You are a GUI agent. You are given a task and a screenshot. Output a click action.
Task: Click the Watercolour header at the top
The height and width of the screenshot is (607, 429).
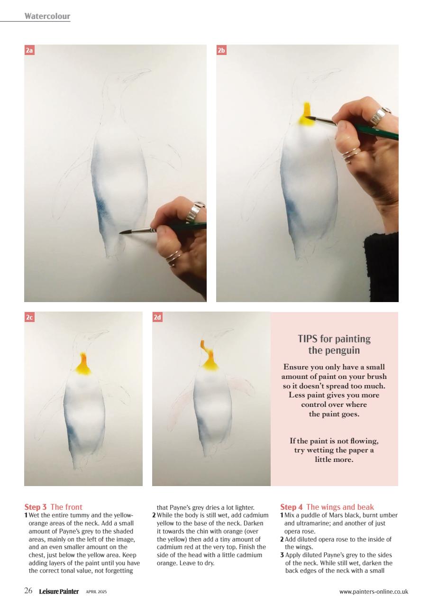47,16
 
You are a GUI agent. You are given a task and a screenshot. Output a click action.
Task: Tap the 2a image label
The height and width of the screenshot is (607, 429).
29,50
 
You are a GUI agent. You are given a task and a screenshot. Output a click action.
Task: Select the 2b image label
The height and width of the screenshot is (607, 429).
221,50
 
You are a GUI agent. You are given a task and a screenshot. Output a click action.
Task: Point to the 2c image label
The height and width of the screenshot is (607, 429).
29,317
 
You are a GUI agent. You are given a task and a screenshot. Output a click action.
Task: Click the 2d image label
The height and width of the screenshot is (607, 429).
157,317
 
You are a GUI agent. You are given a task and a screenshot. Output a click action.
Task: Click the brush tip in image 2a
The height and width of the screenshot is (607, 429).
122,232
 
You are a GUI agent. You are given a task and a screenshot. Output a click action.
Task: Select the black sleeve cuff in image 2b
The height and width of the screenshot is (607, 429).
382,266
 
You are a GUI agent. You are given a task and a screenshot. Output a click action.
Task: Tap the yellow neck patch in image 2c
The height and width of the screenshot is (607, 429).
83,367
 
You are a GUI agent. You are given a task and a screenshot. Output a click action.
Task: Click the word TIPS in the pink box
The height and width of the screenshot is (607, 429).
308,339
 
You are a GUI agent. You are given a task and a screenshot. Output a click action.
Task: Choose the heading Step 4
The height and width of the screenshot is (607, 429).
291,507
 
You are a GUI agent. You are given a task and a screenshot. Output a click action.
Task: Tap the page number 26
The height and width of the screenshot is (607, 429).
28,591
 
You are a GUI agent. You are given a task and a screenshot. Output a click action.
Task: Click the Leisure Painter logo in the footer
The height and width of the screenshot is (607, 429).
59,591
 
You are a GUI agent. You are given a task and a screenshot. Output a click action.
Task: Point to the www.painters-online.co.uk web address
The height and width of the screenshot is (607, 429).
374,591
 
